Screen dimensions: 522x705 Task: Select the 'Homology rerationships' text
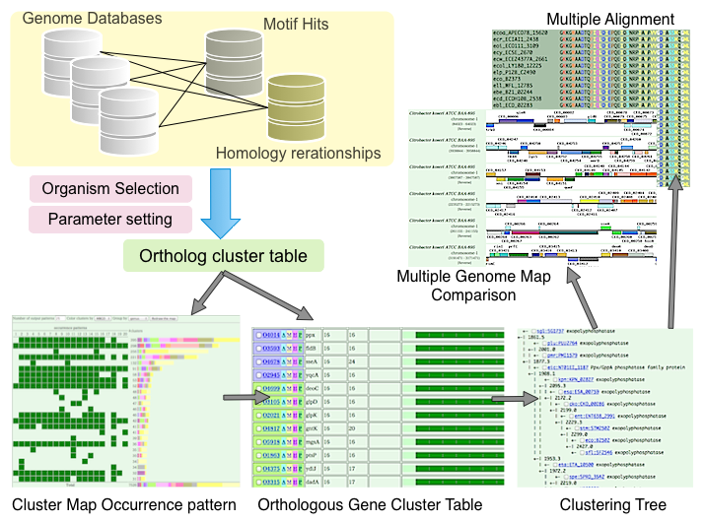pyautogui.click(x=298, y=153)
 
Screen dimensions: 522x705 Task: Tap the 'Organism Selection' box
pyautogui.click(x=109, y=188)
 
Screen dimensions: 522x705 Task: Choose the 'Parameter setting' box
pyautogui.click(x=109, y=218)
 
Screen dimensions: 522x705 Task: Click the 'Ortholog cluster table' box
pyautogui.click(x=223, y=257)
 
